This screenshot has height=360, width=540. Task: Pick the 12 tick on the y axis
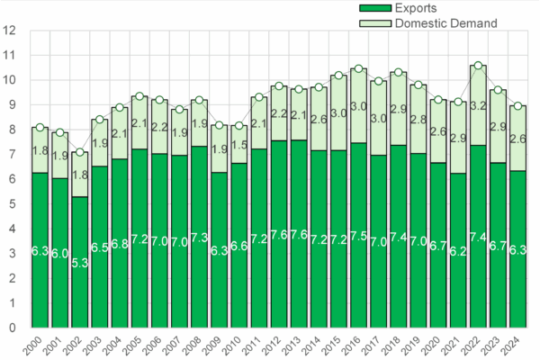point(11,30)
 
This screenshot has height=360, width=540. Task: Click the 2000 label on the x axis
point(40,346)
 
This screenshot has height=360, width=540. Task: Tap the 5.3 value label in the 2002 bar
point(80,263)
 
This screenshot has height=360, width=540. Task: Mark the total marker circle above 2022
point(478,66)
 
